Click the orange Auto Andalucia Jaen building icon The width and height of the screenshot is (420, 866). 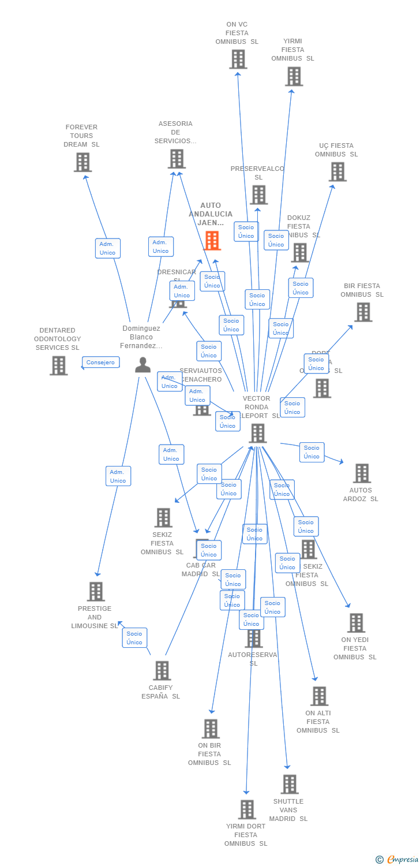(212, 240)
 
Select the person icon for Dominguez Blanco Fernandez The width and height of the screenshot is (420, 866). (142, 365)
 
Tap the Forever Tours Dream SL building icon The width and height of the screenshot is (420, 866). (82, 162)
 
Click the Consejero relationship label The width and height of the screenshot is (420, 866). (101, 363)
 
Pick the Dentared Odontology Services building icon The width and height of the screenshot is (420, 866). (58, 365)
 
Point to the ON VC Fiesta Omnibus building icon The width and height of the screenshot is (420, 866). (238, 59)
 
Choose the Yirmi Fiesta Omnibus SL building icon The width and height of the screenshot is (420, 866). (294, 76)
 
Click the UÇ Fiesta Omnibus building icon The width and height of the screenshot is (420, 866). (337, 171)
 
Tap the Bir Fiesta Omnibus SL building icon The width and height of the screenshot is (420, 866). (363, 312)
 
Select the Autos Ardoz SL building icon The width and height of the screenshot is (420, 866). (362, 473)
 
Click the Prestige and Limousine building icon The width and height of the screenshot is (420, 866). (96, 592)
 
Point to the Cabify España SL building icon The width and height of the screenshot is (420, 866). (162, 671)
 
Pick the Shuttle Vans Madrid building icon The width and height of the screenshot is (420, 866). (290, 785)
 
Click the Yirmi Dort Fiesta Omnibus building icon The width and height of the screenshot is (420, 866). (247, 809)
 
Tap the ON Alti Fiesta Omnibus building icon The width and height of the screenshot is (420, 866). (319, 696)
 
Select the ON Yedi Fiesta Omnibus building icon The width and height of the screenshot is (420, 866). (356, 623)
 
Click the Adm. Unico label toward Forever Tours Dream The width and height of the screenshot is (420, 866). (107, 248)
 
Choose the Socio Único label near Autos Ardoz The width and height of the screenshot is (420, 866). (312, 452)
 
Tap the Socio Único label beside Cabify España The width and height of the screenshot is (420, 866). (134, 638)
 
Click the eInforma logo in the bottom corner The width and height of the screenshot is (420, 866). (398, 860)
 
